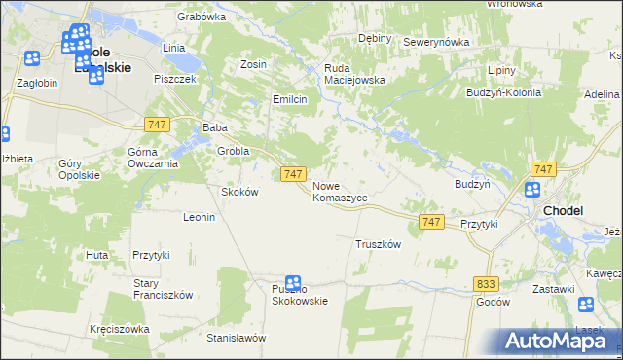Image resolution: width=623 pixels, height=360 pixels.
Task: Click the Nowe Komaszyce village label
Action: pyautogui.click(x=340, y=191)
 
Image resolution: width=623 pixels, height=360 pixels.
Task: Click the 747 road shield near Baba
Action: pyautogui.click(x=158, y=125)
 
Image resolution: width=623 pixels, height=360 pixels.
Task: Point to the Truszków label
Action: pyautogui.click(x=379, y=244)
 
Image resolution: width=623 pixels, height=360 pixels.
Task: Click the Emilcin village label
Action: pyautogui.click(x=290, y=99)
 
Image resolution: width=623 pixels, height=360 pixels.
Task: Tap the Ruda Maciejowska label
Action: pyautogui.click(x=354, y=74)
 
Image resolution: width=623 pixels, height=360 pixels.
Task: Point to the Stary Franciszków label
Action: pyautogui.click(x=164, y=289)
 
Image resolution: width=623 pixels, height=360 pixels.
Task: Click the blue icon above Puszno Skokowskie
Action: pyautogui.click(x=292, y=283)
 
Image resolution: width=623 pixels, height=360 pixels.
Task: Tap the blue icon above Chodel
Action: pyautogui.click(x=532, y=191)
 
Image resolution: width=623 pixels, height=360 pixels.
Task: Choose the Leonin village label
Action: pyautogui.click(x=199, y=217)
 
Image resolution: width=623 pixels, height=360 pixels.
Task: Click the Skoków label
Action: pyautogui.click(x=239, y=192)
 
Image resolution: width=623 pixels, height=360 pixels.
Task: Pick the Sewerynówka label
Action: pyautogui.click(x=436, y=43)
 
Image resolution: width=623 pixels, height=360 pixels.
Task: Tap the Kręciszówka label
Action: pyautogui.click(x=119, y=329)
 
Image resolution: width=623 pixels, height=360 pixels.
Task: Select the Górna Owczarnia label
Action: pyautogui.click(x=153, y=158)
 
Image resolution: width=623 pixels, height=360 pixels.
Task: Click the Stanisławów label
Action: pyautogui.click(x=236, y=338)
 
